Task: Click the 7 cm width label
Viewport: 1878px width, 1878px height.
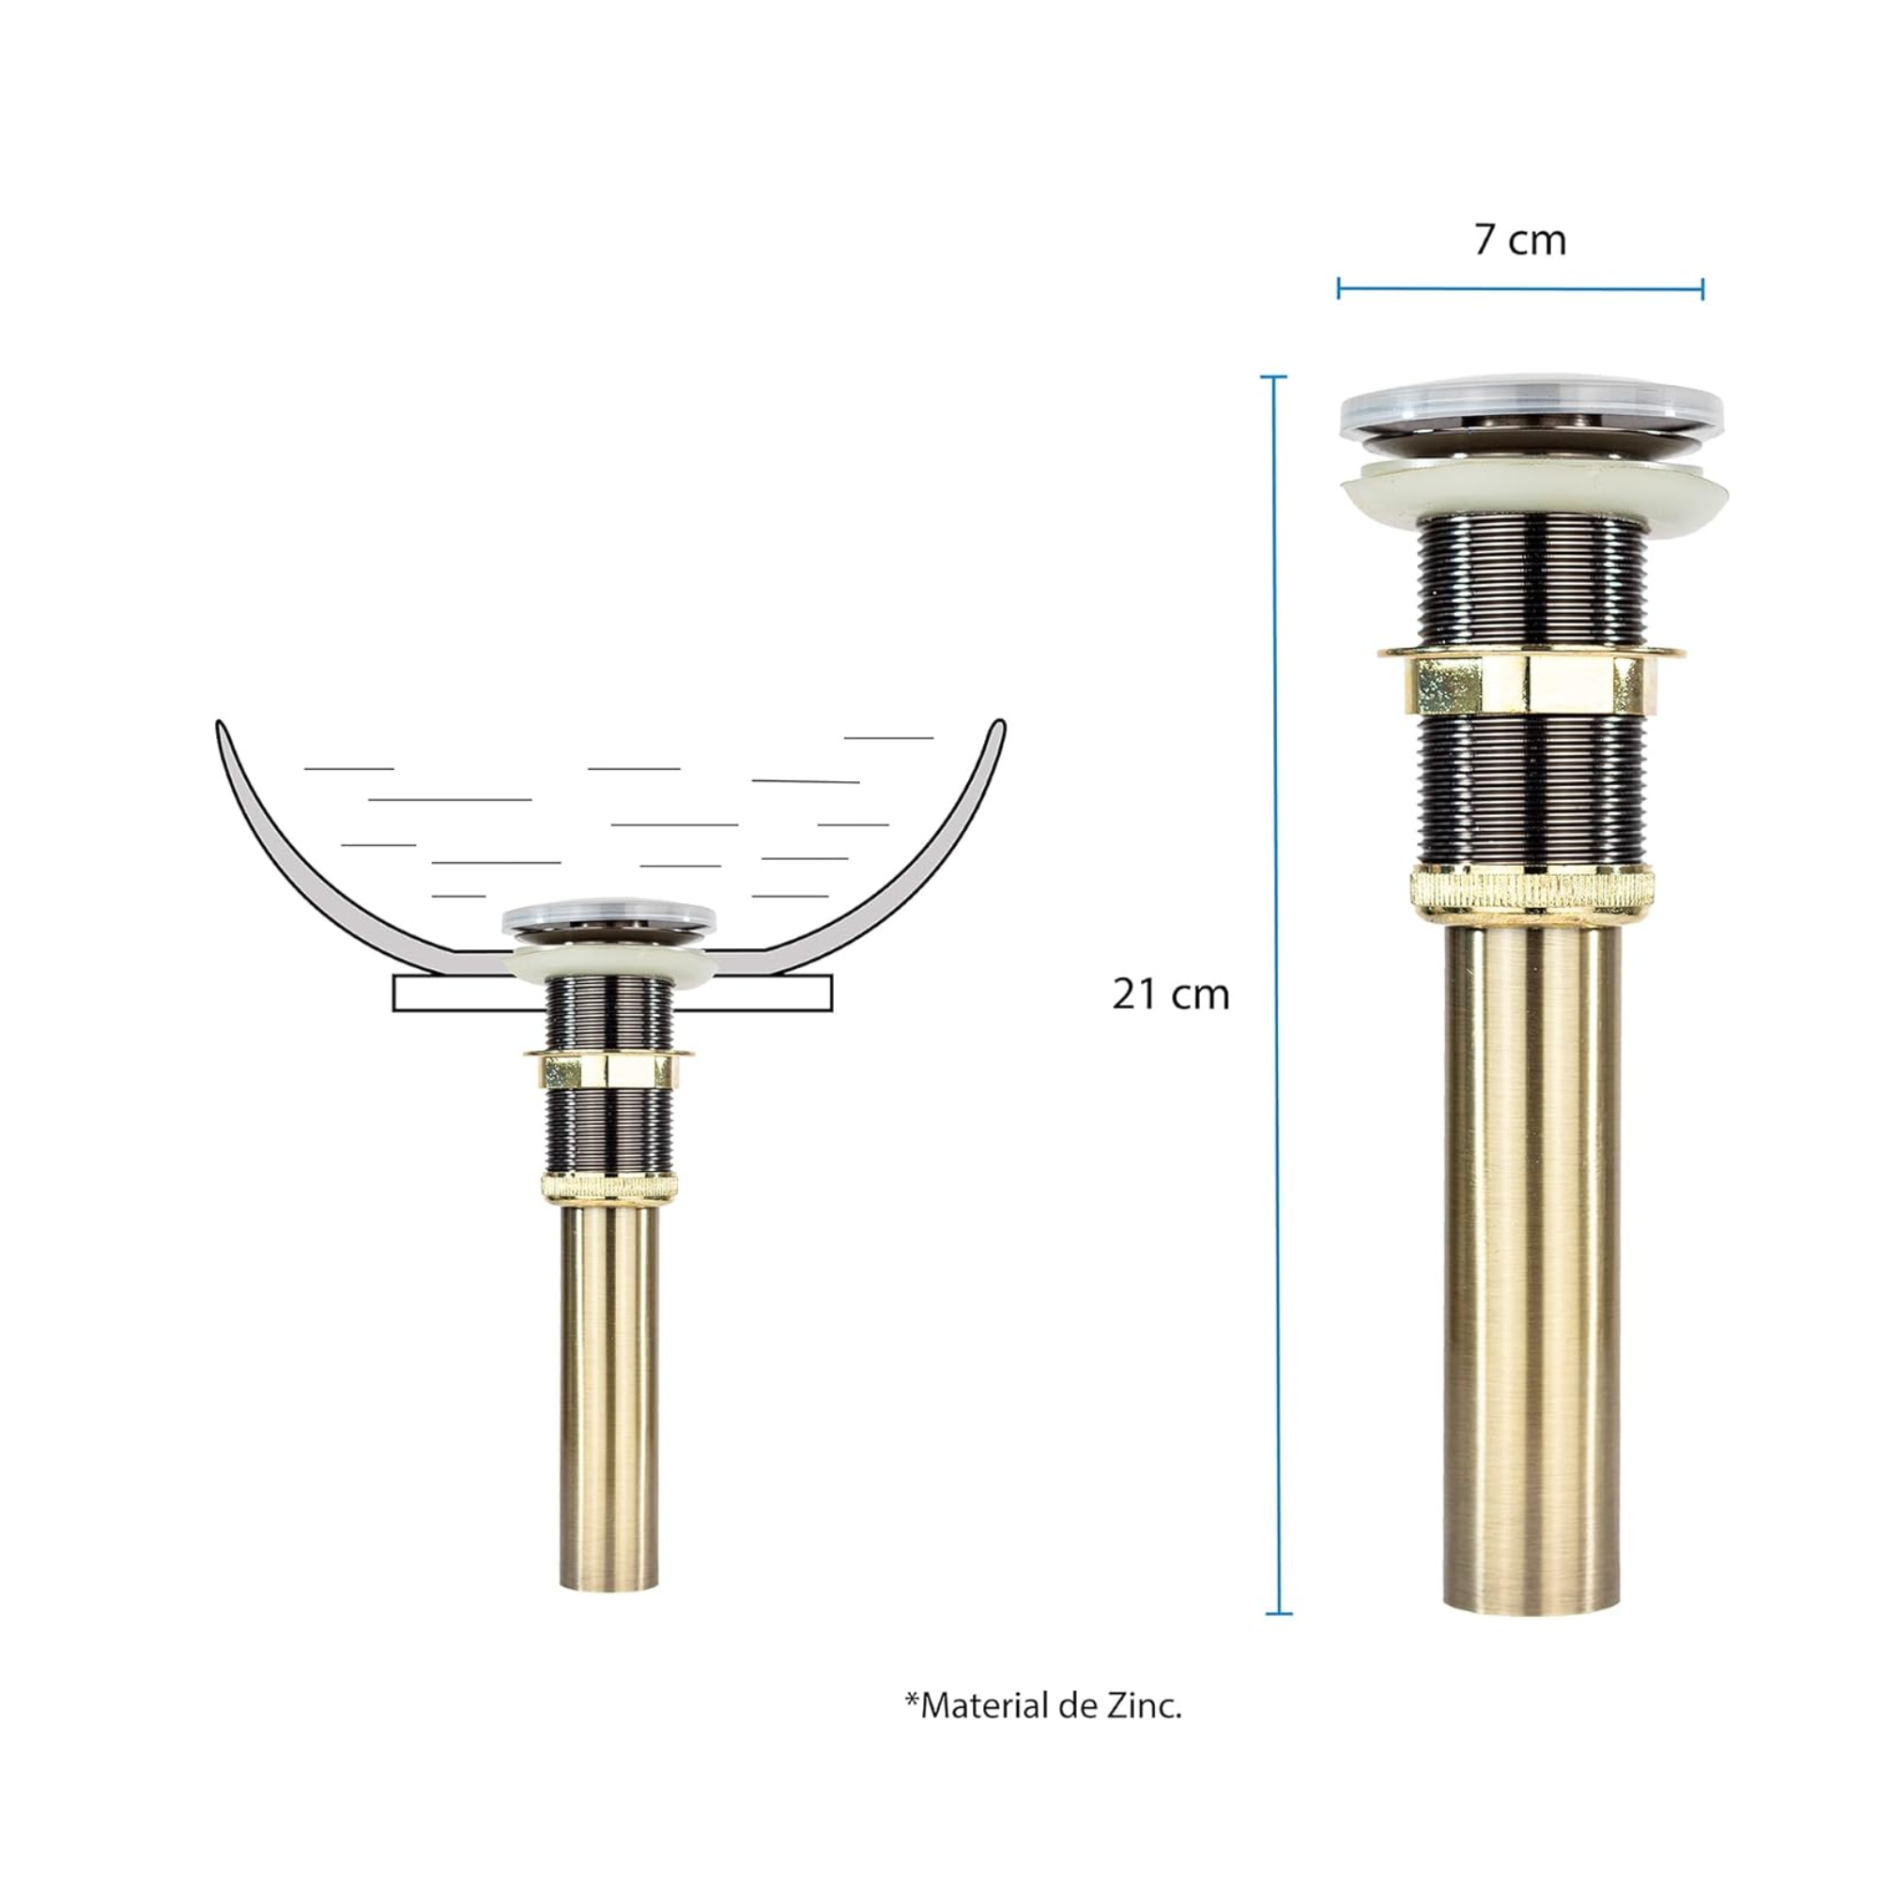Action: [x=1520, y=240]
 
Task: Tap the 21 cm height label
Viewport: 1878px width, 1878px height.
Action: [x=1171, y=994]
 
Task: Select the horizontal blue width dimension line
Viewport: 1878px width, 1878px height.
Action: [x=1520, y=287]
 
